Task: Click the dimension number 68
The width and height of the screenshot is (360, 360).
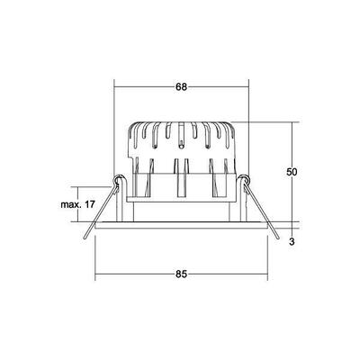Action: (181, 87)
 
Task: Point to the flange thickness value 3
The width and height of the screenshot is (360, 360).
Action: (292, 240)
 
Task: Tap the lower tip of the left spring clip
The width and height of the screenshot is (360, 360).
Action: (83, 238)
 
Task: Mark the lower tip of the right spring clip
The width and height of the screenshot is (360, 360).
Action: (278, 238)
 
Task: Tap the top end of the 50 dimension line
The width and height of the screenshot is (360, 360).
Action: (293, 122)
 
